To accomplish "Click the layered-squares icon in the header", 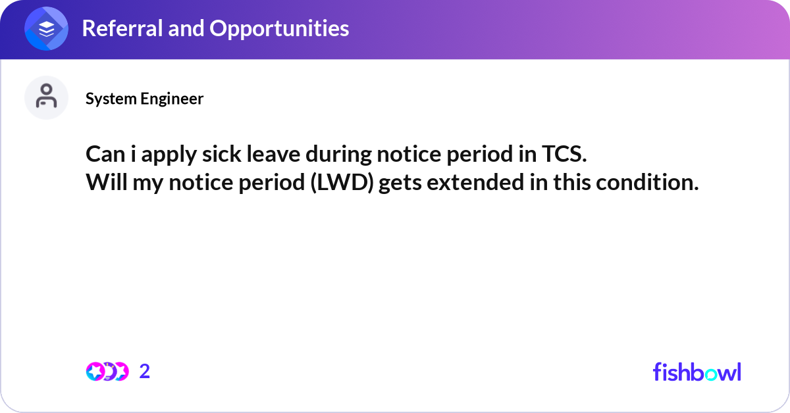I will click(47, 29).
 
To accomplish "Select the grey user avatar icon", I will click(47, 98).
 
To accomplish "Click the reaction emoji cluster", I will click(107, 372).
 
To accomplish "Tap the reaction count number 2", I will click(145, 372).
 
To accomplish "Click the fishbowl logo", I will click(697, 372).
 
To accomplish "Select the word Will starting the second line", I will click(106, 183).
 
